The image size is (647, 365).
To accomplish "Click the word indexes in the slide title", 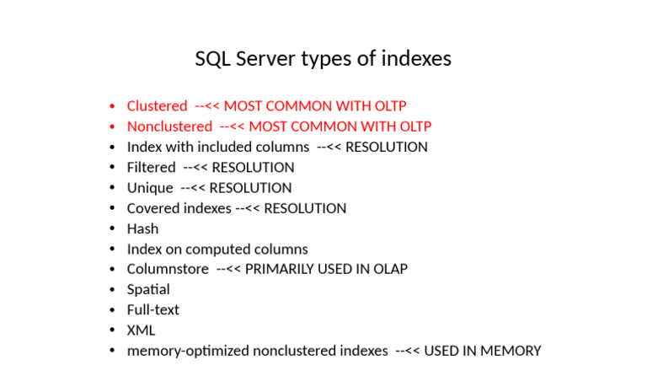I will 416,59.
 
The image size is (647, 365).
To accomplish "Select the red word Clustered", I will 157,106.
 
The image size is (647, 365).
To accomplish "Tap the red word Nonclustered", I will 169,126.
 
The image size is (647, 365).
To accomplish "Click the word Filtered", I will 151,168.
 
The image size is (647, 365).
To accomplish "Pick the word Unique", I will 150,188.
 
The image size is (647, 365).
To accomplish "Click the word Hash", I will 142,228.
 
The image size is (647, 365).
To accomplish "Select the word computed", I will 223,250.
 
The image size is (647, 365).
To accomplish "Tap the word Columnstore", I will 168,269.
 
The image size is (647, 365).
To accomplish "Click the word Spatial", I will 148,289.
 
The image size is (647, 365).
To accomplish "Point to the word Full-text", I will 152,309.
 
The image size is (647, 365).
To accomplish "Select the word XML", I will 141,330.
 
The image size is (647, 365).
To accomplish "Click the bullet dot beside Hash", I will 113,229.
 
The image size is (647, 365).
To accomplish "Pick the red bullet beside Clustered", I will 113,107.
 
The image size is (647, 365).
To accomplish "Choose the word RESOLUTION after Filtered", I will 253,168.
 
